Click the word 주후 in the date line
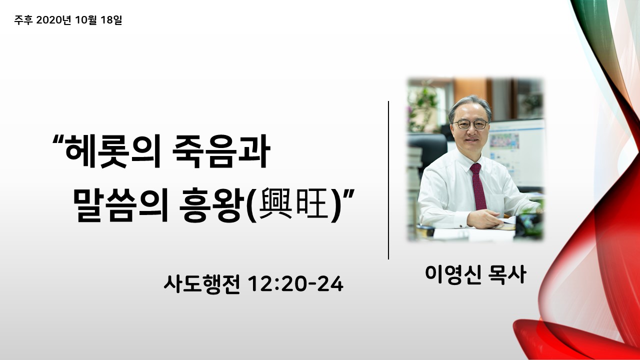point(23,20)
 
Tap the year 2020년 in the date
point(53,20)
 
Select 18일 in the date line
point(111,20)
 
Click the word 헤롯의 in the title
point(112,151)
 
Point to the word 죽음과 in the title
point(221,151)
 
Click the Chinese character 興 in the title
point(275,203)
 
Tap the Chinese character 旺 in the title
point(311,203)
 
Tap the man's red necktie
point(478,186)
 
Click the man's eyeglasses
point(469,124)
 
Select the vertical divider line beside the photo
point(388,180)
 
